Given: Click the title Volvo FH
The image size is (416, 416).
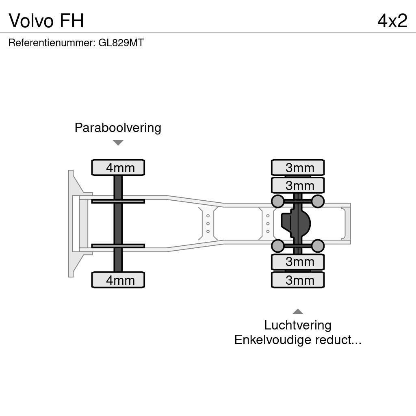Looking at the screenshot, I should click(46, 20).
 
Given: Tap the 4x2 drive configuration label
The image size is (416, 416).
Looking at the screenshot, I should click(392, 20).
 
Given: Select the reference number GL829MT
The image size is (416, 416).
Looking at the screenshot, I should click(121, 43).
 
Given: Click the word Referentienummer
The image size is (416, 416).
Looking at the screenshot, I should click(52, 43).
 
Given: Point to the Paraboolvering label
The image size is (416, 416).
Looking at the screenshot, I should click(118, 128).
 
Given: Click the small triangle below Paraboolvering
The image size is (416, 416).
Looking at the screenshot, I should click(118, 143).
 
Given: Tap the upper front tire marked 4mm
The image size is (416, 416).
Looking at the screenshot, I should click(118, 167).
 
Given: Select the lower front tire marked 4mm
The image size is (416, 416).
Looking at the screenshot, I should click(118, 280).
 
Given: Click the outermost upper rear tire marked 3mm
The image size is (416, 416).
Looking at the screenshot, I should click(298, 167).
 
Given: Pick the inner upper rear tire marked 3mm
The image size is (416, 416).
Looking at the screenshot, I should click(298, 185).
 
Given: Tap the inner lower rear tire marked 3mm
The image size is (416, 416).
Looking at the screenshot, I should click(298, 262).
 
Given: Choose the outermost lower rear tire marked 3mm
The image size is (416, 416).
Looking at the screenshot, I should click(298, 280).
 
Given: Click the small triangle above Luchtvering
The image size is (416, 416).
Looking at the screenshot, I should click(298, 312).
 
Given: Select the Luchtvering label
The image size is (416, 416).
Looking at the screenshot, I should click(298, 325).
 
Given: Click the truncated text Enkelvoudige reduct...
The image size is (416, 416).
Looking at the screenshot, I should click(298, 340).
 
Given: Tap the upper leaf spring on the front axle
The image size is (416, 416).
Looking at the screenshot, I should click(118, 201).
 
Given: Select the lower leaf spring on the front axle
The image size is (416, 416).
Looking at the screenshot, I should click(118, 246).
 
